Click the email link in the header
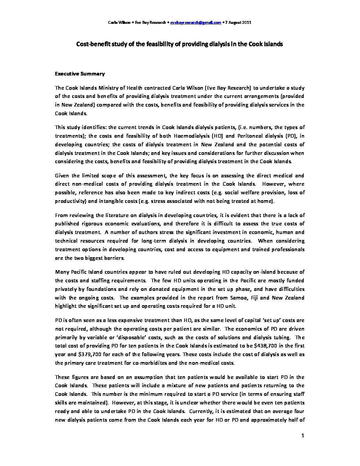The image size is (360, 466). click(196, 23)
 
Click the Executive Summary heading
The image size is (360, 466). click(80, 74)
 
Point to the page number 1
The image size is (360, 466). click(303, 436)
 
